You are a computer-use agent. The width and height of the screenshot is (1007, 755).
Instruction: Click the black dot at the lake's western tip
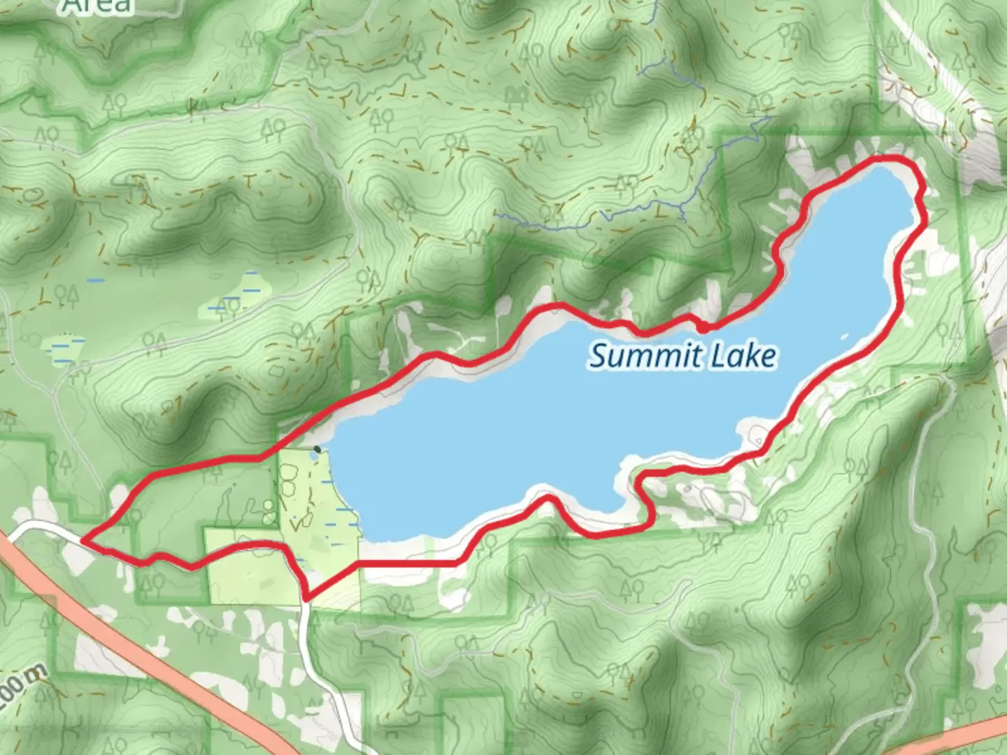(317, 449)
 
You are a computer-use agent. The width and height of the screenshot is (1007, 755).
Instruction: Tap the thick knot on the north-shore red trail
(703, 326)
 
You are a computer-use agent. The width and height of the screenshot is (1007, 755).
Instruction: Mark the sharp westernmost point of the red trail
(84, 540)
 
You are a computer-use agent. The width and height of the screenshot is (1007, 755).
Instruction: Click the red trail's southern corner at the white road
(306, 598)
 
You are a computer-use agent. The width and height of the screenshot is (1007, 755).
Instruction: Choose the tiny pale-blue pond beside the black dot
(312, 457)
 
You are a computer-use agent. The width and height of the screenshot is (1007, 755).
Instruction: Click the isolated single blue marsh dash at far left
(96, 281)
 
